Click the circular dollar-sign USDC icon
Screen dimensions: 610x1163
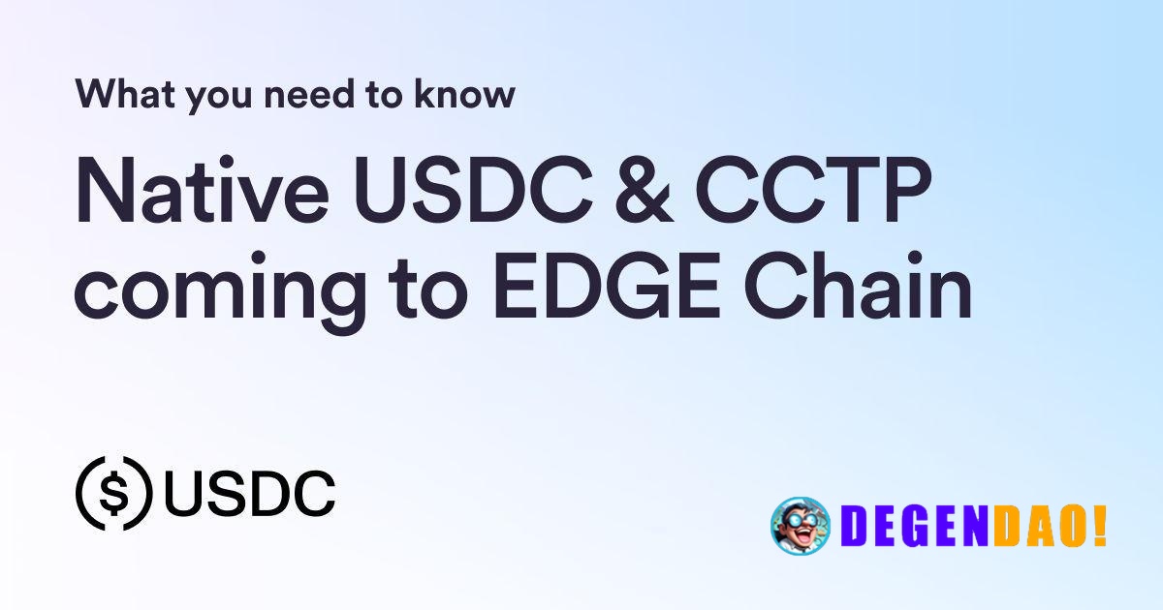point(114,494)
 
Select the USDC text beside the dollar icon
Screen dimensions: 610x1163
point(250,494)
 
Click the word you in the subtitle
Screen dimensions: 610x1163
point(205,96)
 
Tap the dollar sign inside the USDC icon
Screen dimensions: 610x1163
point(114,494)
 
